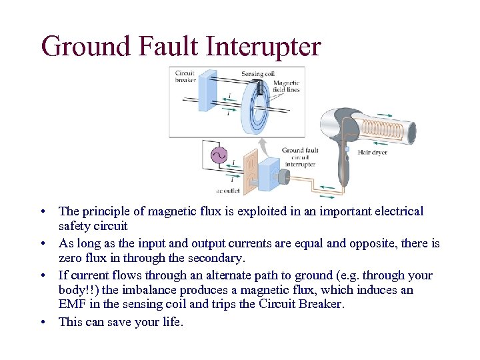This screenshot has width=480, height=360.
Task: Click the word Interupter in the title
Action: pyautogui.click(x=263, y=47)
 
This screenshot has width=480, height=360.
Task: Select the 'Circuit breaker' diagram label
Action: pyautogui.click(x=185, y=76)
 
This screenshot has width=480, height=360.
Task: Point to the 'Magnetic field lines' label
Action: pyautogui.click(x=287, y=86)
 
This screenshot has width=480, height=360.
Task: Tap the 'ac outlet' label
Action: pyautogui.click(x=212, y=191)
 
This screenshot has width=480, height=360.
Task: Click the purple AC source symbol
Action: pyautogui.click(x=218, y=155)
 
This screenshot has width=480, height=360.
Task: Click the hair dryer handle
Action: pyautogui.click(x=343, y=167)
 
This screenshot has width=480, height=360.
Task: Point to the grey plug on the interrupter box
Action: pyautogui.click(x=284, y=176)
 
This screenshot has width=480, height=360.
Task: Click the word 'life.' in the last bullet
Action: pyautogui.click(x=169, y=322)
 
